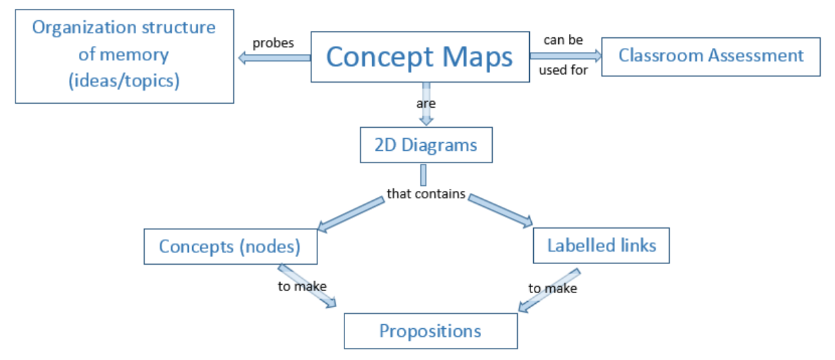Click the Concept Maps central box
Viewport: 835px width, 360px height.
pos(419,57)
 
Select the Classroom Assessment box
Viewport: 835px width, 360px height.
pos(710,55)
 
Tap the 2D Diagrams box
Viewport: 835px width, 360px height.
pos(426,145)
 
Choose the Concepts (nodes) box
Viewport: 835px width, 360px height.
pos(230,246)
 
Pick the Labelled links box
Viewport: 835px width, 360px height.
pos(601,245)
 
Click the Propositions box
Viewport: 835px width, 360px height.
pos(430,331)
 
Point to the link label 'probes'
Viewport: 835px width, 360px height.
pos(273,43)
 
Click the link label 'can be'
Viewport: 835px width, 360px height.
pos(563,41)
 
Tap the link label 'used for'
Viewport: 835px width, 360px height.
pos(563,70)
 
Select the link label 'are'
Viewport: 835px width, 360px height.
pos(426,104)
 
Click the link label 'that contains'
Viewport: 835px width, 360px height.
pos(426,194)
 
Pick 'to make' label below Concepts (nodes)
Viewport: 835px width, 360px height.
pos(302,286)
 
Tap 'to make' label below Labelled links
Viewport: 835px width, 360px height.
pos(553,288)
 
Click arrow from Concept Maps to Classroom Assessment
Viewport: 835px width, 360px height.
pos(564,55)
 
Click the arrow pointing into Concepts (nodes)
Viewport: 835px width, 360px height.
pos(350,214)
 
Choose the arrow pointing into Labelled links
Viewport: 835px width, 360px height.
pos(501,210)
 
